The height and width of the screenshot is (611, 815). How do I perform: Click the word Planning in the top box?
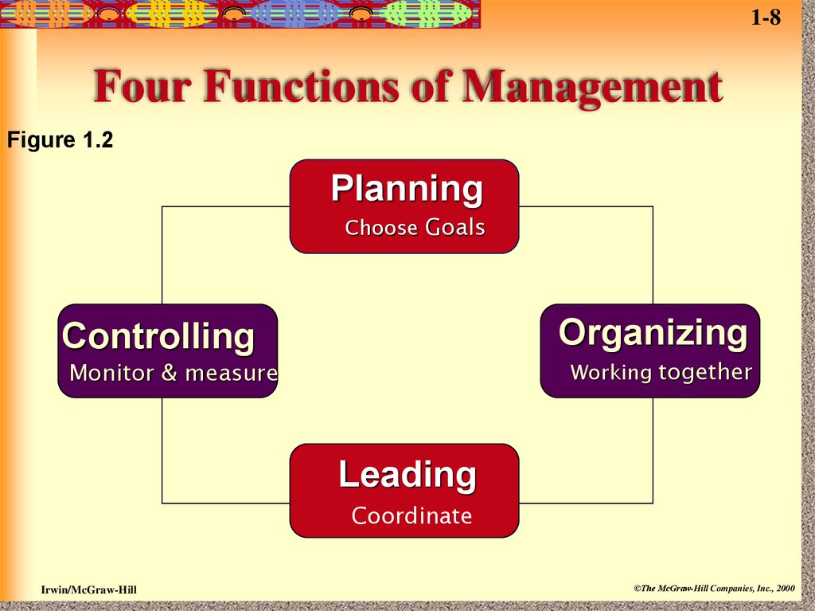click(407, 190)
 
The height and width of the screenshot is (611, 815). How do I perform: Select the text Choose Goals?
click(415, 228)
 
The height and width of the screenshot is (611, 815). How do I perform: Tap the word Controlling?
click(158, 336)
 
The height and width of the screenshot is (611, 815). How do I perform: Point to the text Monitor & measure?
click(174, 372)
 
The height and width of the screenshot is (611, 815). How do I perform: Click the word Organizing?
click(653, 333)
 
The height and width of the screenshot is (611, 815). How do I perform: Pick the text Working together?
click(661, 372)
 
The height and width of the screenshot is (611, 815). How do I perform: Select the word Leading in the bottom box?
click(407, 475)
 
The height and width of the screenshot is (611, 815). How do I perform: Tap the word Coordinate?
click(411, 516)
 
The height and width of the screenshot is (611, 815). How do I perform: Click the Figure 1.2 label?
click(60, 141)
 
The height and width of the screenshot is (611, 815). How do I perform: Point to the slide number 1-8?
click(766, 18)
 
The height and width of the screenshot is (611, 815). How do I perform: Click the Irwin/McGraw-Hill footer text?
click(89, 589)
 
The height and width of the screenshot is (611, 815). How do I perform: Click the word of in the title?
click(433, 88)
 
